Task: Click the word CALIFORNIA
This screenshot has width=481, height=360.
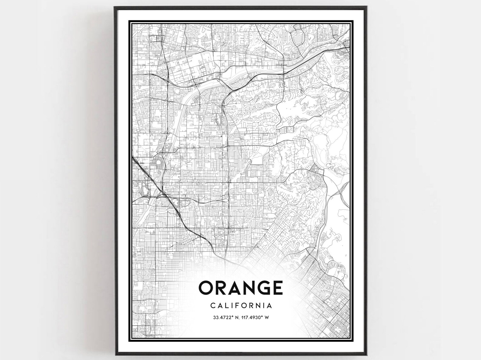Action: click(x=241, y=306)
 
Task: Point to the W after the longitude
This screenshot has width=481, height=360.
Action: click(x=267, y=318)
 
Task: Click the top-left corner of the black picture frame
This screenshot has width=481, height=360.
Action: click(x=114, y=6)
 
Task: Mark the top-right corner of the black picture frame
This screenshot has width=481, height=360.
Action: click(x=367, y=6)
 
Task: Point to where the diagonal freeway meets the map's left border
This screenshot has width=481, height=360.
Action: click(x=133, y=158)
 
